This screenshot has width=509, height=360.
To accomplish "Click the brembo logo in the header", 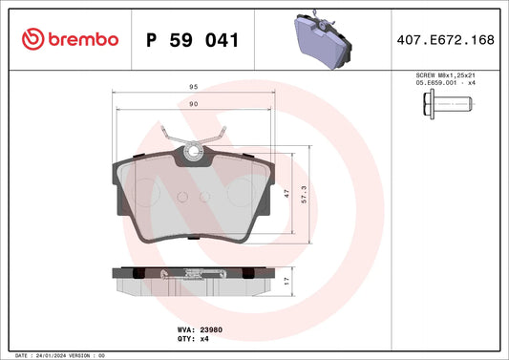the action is click(70, 39).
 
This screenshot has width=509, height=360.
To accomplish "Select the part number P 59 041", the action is click(193, 40).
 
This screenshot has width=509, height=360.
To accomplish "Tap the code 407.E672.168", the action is click(445, 39).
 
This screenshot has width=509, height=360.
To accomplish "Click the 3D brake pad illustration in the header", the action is click(323, 39).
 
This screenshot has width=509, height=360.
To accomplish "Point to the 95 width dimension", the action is click(194, 87).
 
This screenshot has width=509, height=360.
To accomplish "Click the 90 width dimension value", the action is click(194, 104).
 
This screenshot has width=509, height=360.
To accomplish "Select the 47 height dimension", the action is click(286, 194).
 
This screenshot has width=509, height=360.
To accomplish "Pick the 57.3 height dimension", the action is click(304, 195).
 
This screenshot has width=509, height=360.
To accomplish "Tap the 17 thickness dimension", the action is click(286, 281).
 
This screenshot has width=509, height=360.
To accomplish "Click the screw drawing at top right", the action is click(448, 104).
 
